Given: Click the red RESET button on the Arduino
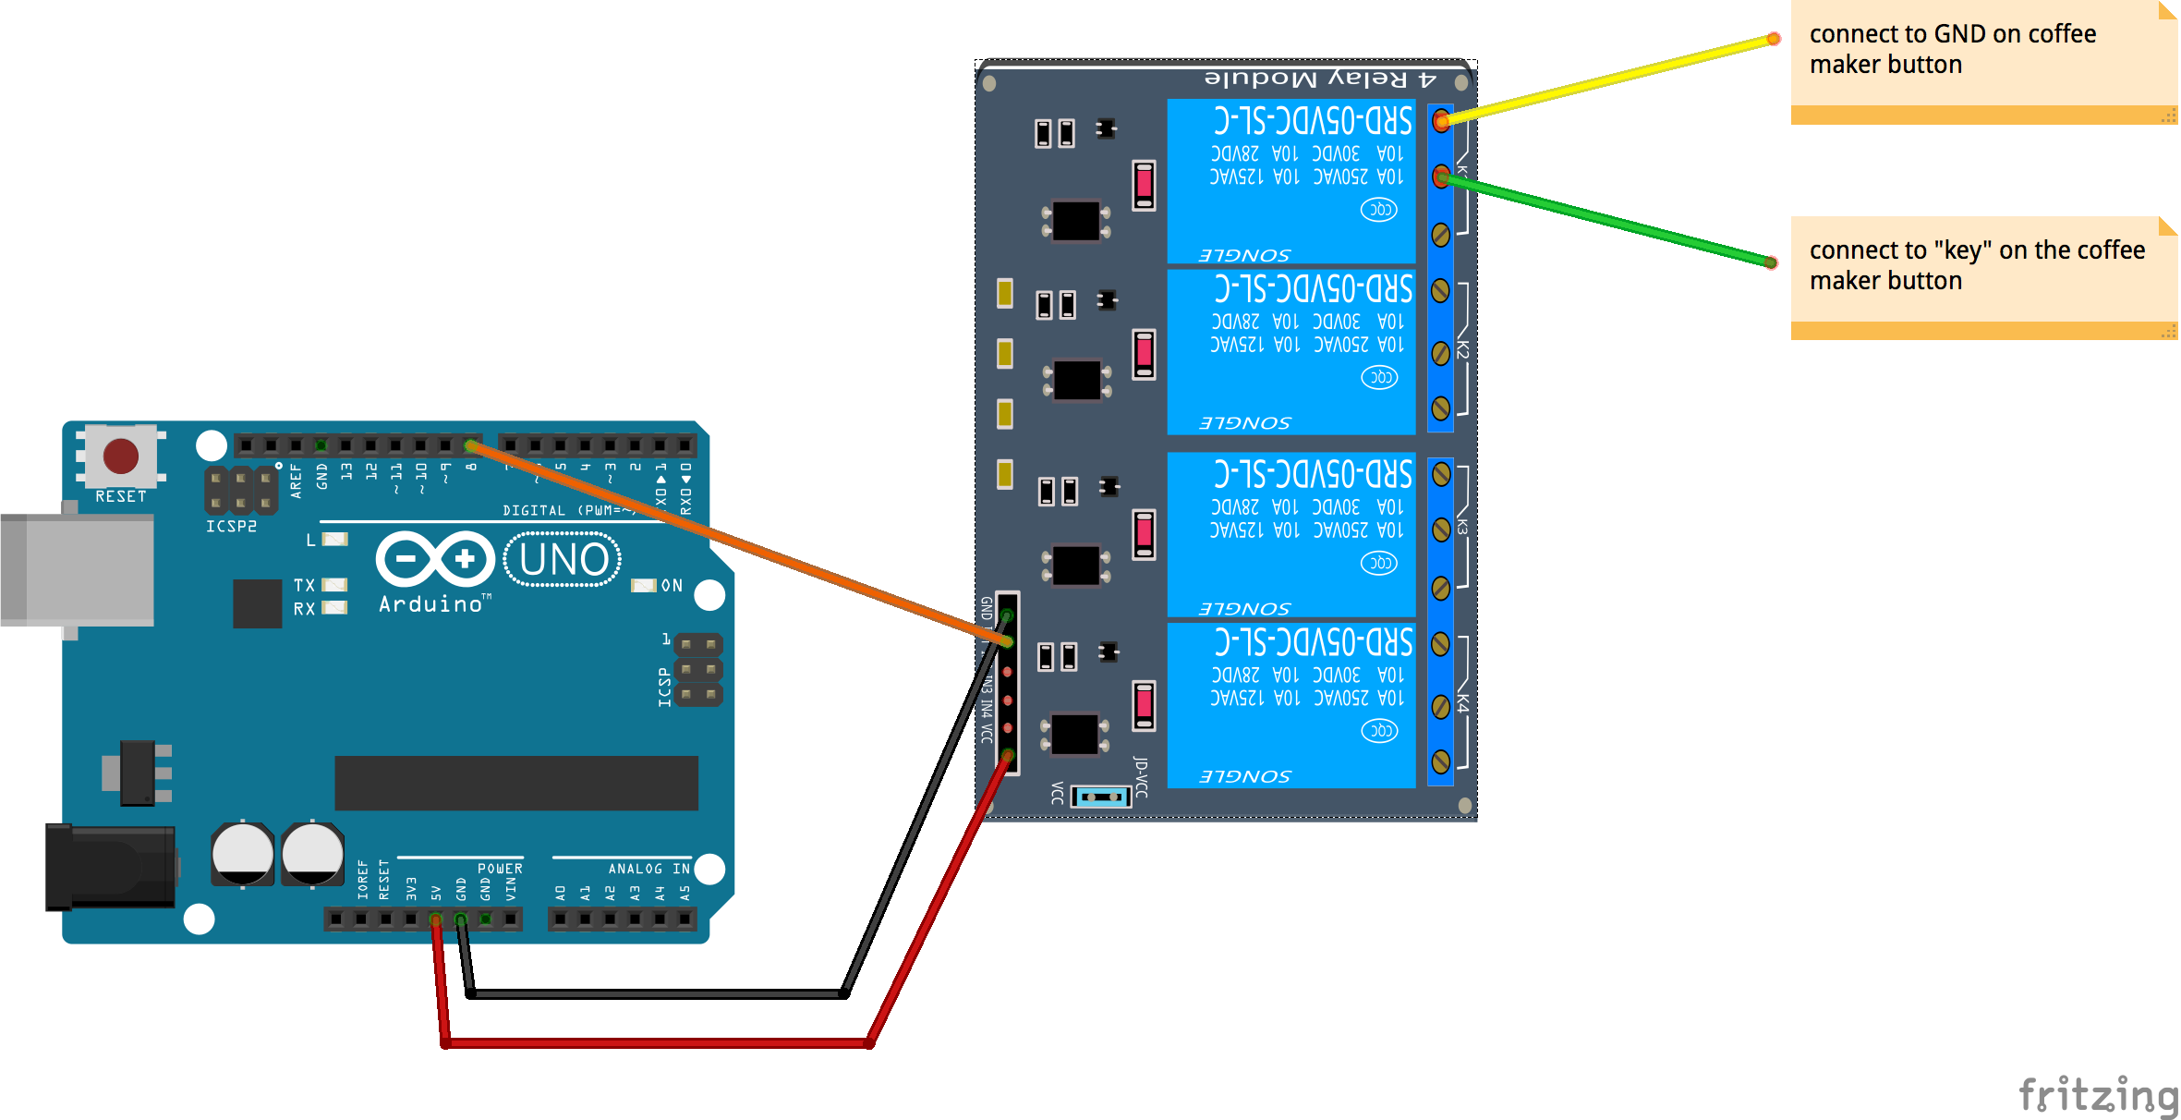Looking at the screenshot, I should (x=121, y=456).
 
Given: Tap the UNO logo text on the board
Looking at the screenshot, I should (x=563, y=560).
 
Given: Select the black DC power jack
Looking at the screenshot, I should (x=112, y=867).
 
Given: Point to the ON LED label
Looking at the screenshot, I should (x=672, y=586).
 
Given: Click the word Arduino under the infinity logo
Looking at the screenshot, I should (x=431, y=604).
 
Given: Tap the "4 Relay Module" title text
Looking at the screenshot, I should (x=1321, y=79).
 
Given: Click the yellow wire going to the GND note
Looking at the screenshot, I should (x=1607, y=79).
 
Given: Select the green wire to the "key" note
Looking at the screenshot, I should (x=1607, y=220).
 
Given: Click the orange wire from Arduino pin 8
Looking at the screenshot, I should (x=739, y=545).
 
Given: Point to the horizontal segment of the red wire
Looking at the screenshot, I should (x=656, y=1043).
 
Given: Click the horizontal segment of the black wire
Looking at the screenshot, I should (x=656, y=994).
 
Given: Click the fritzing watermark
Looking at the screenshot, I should (x=2097, y=1095).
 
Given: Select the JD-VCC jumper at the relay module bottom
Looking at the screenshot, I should (x=1101, y=797).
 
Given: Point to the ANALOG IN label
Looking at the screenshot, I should (x=648, y=869).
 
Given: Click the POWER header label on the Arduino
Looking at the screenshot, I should (x=500, y=869).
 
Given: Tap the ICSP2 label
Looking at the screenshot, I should (x=231, y=526).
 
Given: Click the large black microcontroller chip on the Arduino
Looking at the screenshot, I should (x=515, y=783).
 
